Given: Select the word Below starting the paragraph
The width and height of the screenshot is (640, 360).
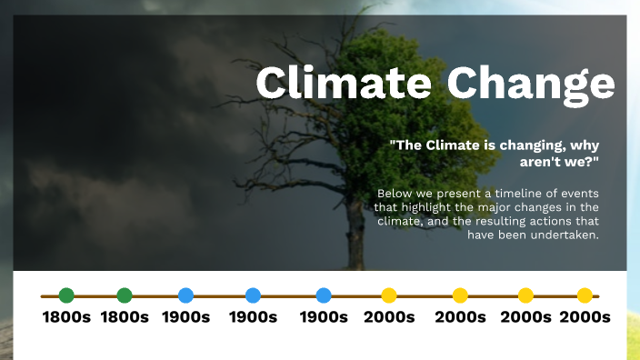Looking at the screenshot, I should (x=394, y=194).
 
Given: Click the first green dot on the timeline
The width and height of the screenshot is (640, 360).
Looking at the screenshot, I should (x=66, y=295).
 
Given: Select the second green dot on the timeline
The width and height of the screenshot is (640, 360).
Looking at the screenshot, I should (x=125, y=295).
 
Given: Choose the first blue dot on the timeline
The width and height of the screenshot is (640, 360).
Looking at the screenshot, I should (x=185, y=295).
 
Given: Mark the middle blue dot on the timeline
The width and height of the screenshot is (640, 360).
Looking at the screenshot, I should (x=253, y=295).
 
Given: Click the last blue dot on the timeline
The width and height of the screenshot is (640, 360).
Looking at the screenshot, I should (x=324, y=295).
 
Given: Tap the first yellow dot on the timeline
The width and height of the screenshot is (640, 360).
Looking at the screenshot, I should (x=389, y=295).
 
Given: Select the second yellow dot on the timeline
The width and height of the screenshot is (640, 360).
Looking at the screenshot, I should (x=460, y=295).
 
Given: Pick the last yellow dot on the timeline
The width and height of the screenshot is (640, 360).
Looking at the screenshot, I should (x=585, y=295).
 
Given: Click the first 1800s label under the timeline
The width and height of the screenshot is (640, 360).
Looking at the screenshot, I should (x=66, y=317).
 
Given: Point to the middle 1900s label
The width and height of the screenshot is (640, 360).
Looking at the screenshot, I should (x=253, y=317).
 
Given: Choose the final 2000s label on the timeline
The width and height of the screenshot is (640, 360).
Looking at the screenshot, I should (x=585, y=317).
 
